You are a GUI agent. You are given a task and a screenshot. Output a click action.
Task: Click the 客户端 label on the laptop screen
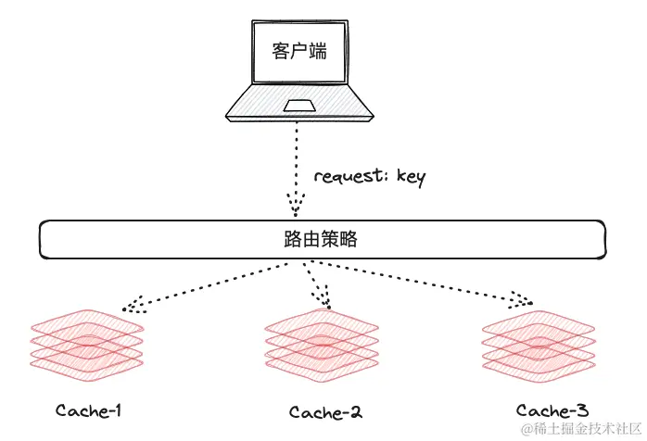coord(298,52)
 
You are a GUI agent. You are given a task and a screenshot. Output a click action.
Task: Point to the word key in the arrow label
coord(409,177)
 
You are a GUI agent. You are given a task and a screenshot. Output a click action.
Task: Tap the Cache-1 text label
coord(89,409)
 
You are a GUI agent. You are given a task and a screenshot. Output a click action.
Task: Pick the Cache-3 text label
coord(552,409)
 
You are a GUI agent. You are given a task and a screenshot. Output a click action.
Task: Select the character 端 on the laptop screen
coord(317,52)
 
